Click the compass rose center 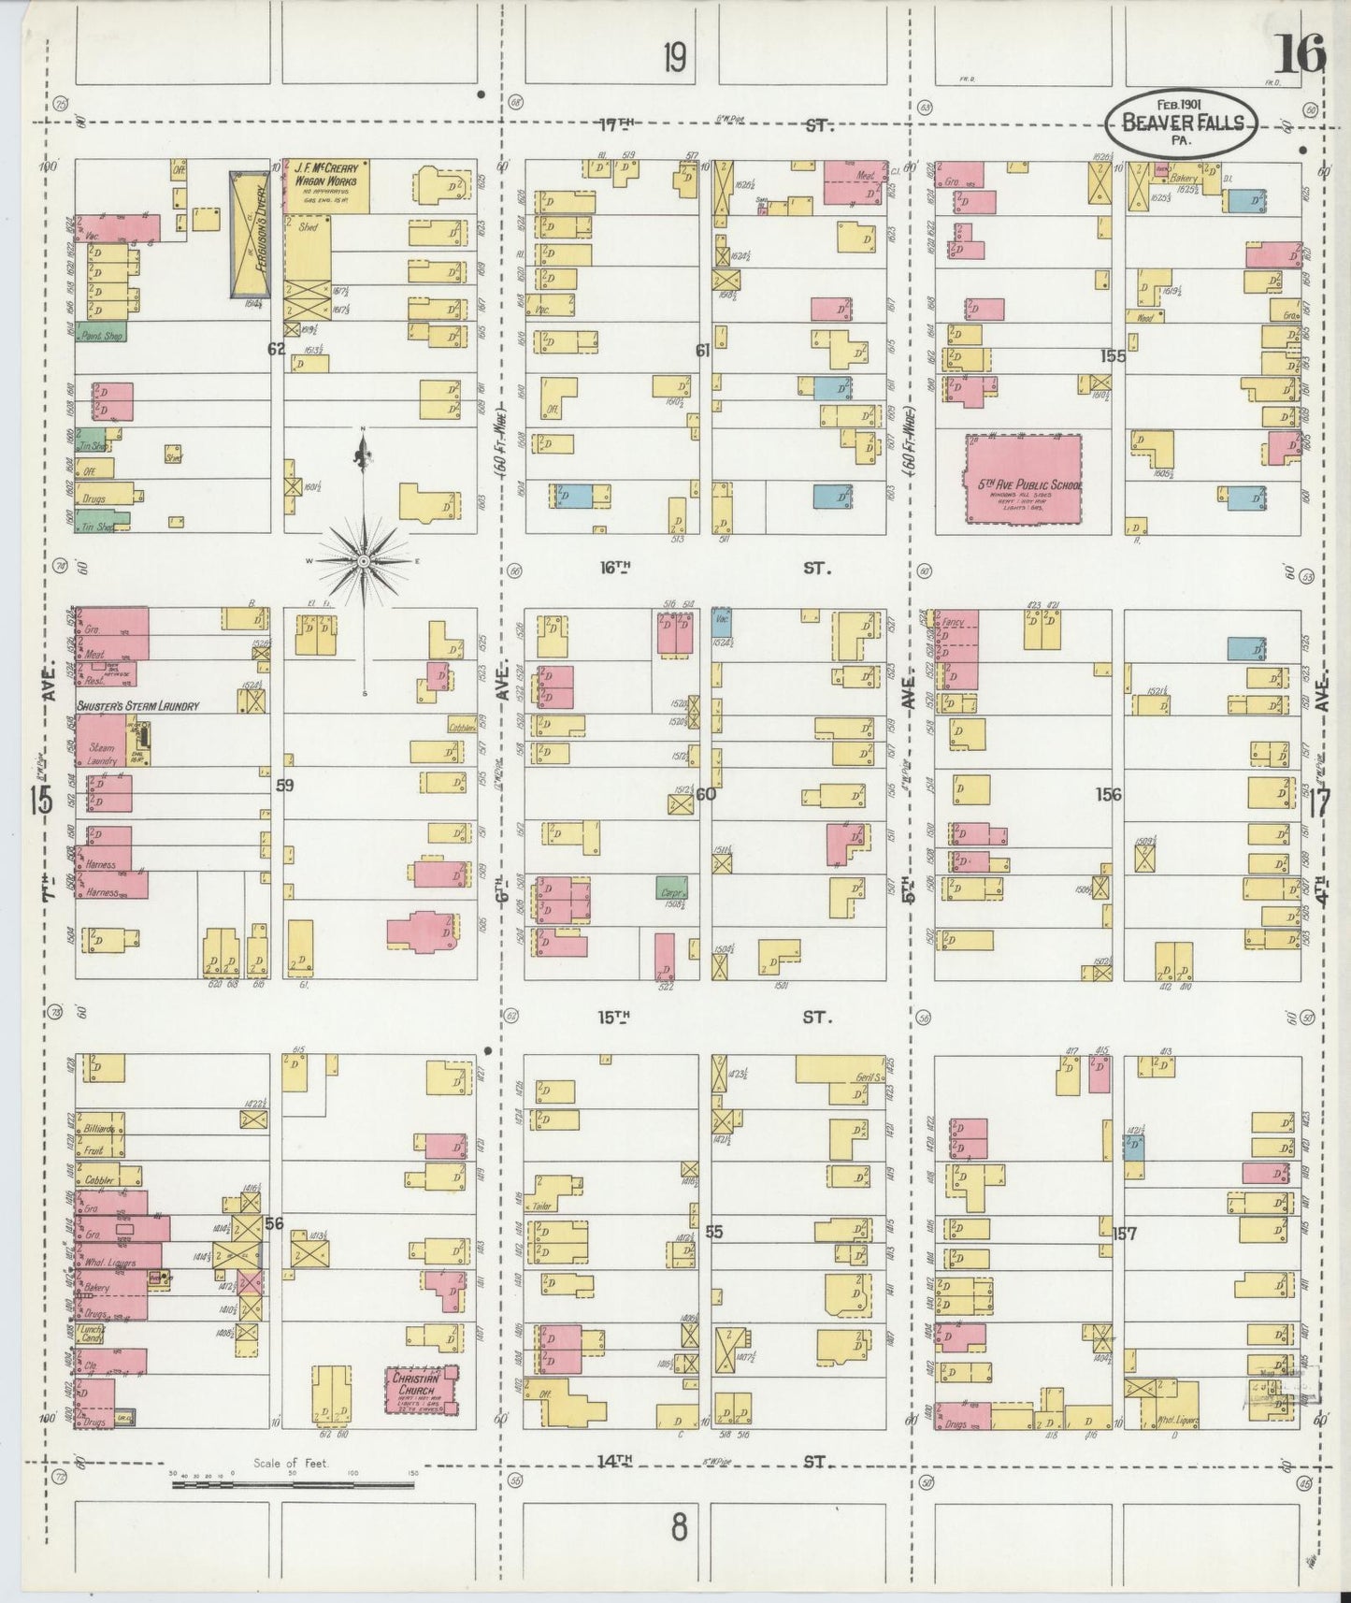click(364, 560)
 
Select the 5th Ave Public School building click(1024, 479)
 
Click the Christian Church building click(422, 1390)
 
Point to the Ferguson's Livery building click(250, 233)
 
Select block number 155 click(1113, 355)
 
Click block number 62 click(275, 349)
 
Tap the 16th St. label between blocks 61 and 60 click(614, 567)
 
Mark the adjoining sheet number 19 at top click(674, 60)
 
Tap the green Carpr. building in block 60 click(672, 888)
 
